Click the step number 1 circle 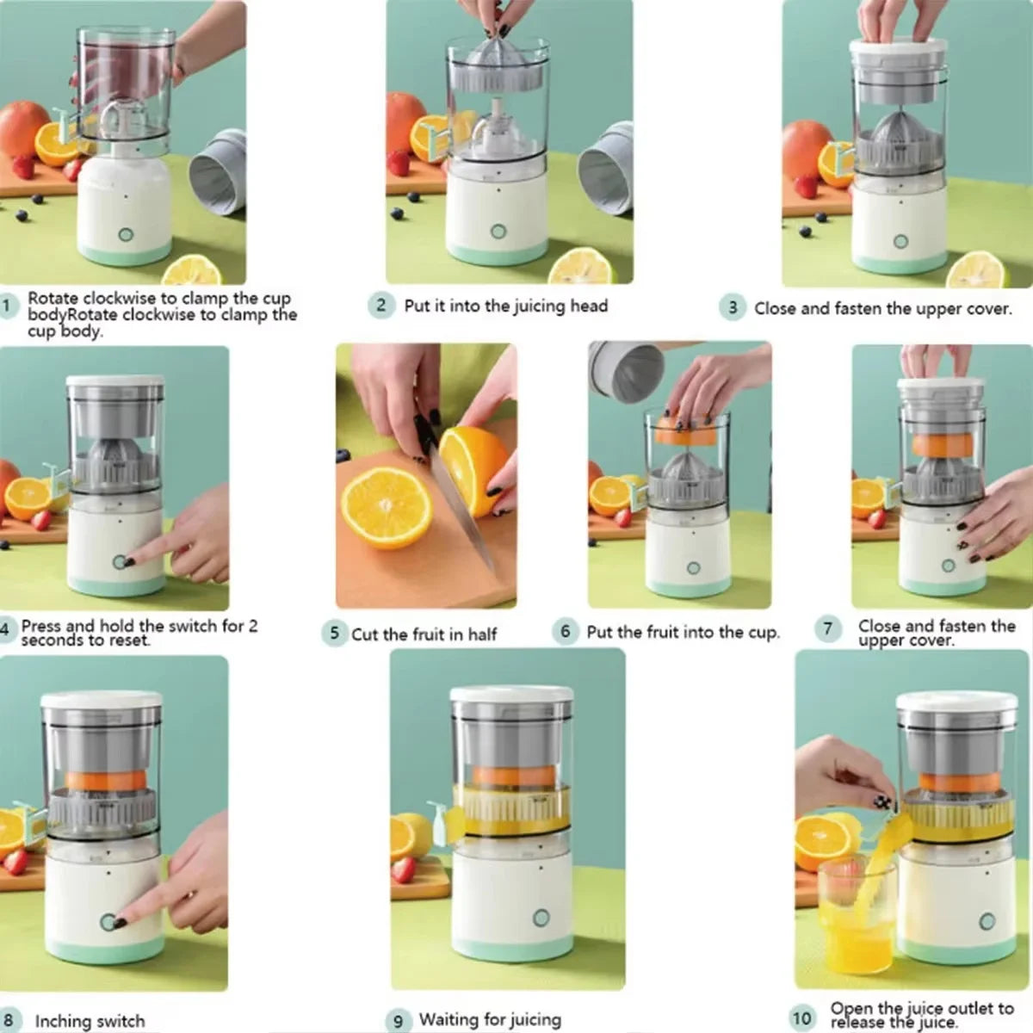point(8,306)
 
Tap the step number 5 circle point(334,634)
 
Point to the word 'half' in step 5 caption point(482,634)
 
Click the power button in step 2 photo point(498,231)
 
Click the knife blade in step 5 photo point(465,508)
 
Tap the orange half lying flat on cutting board point(386,508)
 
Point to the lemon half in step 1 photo point(191,270)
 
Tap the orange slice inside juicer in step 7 point(943,445)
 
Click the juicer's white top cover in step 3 point(898,50)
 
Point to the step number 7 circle point(828,628)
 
